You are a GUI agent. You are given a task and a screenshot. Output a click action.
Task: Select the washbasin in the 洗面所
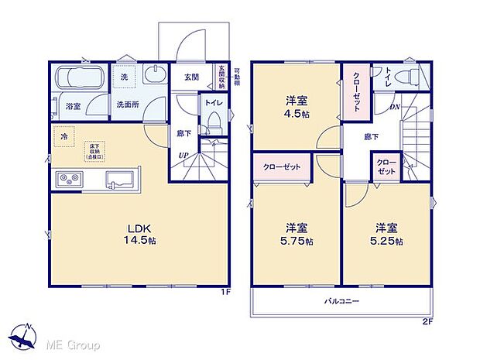point(155,77)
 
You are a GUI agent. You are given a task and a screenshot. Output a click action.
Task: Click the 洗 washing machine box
point(124,77)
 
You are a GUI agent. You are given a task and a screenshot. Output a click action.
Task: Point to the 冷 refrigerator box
point(63,136)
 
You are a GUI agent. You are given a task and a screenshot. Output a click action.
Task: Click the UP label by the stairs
point(183,156)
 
